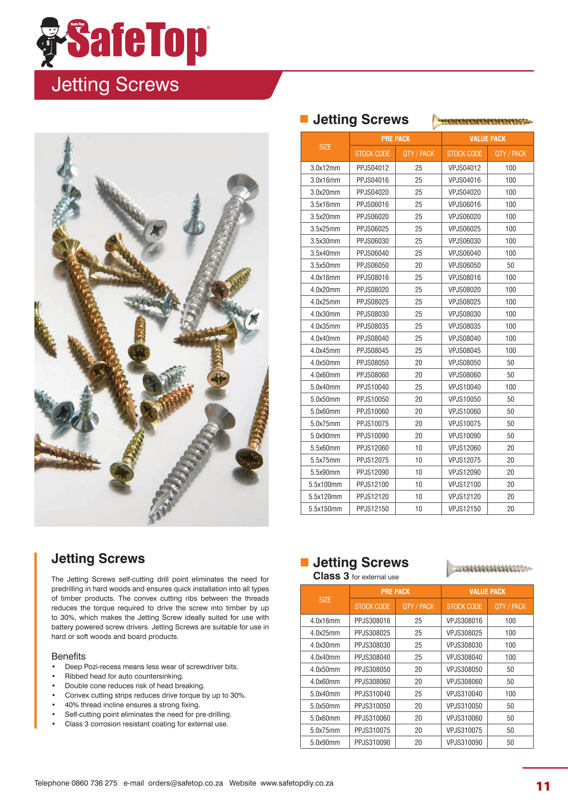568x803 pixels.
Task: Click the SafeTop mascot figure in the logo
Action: (50, 42)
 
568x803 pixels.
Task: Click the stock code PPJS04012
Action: (372, 168)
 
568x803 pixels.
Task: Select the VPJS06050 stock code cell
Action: (464, 265)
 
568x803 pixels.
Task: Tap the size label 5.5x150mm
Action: (325, 509)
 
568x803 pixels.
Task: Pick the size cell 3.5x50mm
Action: (325, 265)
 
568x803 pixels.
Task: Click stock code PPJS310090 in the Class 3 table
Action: (372, 742)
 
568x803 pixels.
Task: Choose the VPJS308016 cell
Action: (464, 621)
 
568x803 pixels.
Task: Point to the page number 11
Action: (543, 786)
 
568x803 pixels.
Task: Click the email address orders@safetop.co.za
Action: (185, 783)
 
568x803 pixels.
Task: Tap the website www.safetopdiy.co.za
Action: (297, 783)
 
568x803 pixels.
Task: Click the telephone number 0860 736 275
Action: (94, 783)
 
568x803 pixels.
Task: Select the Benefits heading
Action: (68, 656)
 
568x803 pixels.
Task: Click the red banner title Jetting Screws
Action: (115, 85)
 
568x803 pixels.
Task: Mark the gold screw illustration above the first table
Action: (482, 122)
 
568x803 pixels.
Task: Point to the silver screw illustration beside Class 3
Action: (489, 568)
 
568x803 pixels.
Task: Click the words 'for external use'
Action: (375, 577)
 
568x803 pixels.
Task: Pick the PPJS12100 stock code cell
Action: (372, 485)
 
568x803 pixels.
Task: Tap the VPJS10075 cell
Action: (464, 424)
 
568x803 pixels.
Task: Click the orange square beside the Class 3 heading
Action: (305, 562)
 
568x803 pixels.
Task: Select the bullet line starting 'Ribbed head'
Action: (124, 676)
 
